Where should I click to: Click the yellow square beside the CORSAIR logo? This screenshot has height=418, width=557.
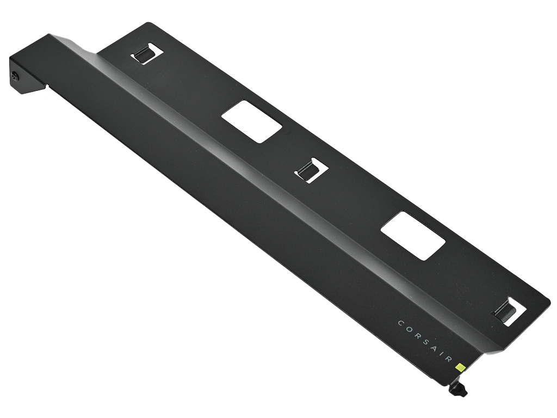point(461,366)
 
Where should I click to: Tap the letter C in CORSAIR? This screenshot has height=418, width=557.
point(400,323)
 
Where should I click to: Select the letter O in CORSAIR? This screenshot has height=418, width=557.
point(408,329)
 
